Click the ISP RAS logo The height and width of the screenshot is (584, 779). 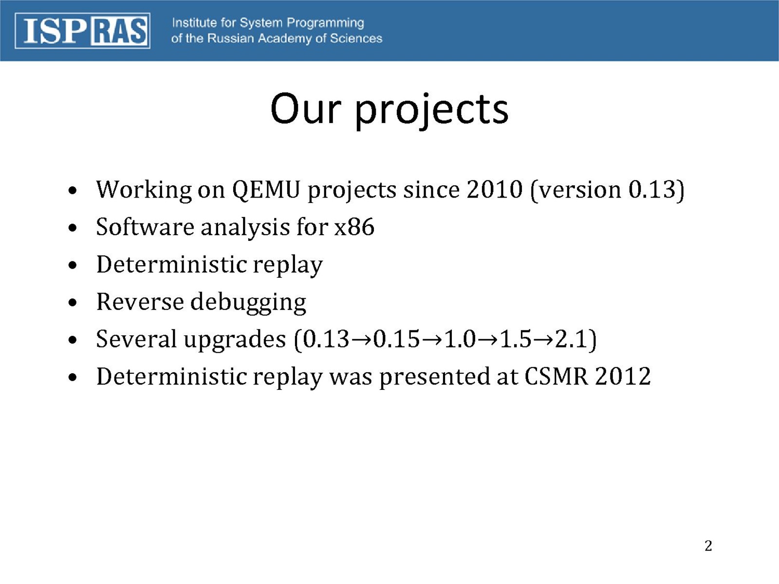pos(83,31)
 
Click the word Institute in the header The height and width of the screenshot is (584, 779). pos(194,23)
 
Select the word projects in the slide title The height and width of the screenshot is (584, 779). pos(431,110)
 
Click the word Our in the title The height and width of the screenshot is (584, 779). pos(306,109)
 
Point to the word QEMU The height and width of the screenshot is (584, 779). pos(266,190)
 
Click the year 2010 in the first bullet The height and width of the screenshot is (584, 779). pos(494,189)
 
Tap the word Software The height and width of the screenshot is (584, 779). pos(145,227)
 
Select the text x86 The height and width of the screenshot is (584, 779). pos(354,227)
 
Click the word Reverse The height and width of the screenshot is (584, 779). pos(140,302)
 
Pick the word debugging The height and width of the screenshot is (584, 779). pos(248,303)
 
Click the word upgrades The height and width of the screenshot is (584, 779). pos(235,340)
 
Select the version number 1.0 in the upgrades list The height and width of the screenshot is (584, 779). pos(460,339)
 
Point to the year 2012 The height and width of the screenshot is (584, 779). pos(623,376)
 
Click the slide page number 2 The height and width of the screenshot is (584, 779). pos(708,546)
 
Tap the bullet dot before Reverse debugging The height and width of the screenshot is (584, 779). pos(73,303)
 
